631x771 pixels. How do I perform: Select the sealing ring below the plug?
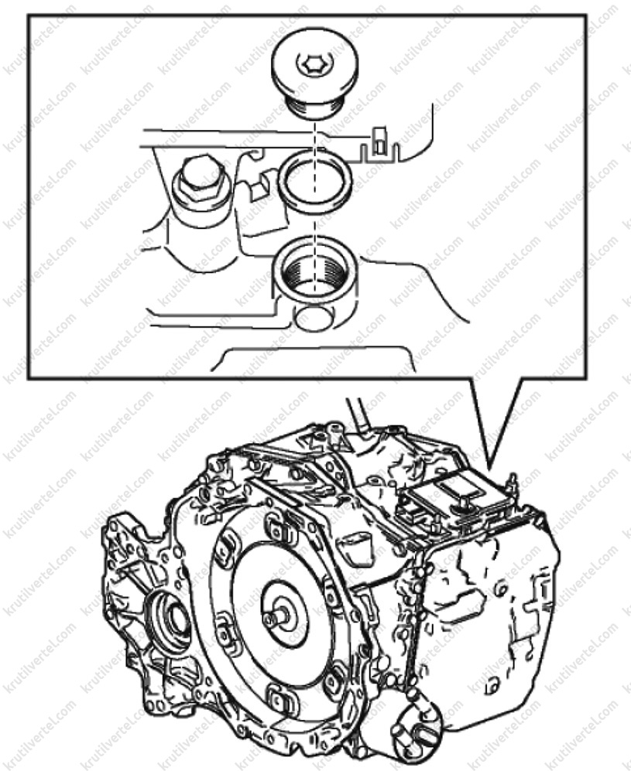click(314, 182)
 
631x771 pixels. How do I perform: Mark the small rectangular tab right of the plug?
click(379, 140)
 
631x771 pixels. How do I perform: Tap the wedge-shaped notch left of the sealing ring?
click(259, 185)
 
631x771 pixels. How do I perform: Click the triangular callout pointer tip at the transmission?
click(489, 468)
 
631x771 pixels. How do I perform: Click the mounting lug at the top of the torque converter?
click(275, 527)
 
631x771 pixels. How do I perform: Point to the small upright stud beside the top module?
click(512, 481)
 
